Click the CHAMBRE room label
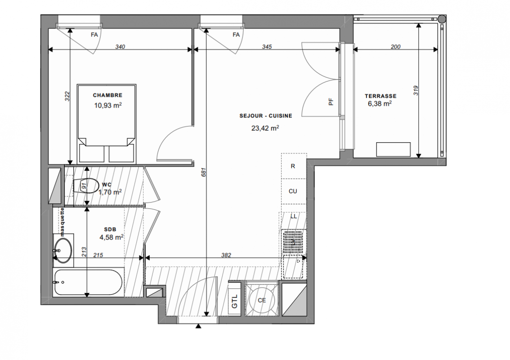tap(107, 95)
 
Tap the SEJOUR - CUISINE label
tap(266, 116)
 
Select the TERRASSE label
tap(380, 96)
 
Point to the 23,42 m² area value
tap(265, 128)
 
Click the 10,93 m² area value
tap(108, 105)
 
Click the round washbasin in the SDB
tap(63, 250)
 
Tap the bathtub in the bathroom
tap(88, 282)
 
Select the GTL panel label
tap(234, 301)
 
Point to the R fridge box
tap(294, 166)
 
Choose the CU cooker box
tap(294, 191)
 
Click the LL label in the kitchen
tap(293, 216)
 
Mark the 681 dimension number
tap(204, 172)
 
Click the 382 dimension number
tap(226, 255)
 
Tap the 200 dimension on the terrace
tap(395, 47)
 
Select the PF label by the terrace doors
tap(331, 102)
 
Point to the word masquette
tap(62, 222)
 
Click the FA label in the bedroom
tap(94, 35)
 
